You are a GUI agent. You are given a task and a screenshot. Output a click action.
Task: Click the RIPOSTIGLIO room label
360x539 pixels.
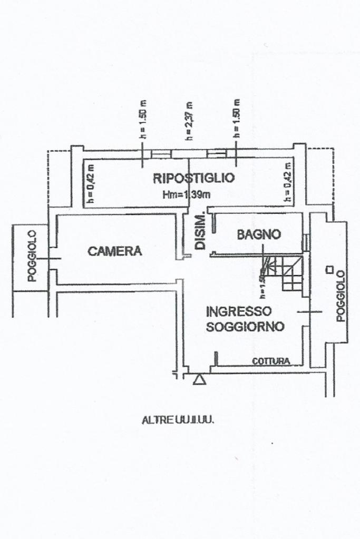(193, 178)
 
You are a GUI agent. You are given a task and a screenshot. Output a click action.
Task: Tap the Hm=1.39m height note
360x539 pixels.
(187, 194)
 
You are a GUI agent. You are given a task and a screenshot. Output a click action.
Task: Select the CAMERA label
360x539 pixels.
(115, 251)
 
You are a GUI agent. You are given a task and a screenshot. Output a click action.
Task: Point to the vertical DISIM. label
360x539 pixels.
(200, 232)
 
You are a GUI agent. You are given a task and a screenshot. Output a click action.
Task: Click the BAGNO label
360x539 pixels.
(258, 234)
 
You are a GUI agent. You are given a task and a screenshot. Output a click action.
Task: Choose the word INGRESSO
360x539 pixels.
(238, 311)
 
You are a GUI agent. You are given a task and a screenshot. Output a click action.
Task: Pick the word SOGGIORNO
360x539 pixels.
(245, 327)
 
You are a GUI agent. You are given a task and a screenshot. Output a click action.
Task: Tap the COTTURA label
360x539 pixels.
(271, 361)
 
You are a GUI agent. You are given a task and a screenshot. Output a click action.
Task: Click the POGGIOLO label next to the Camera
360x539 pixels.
(32, 256)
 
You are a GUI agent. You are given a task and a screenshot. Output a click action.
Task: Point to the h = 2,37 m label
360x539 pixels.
(189, 121)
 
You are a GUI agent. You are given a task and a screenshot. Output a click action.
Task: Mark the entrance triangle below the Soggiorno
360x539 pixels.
(199, 379)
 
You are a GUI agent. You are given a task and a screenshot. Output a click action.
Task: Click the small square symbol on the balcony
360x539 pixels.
(329, 270)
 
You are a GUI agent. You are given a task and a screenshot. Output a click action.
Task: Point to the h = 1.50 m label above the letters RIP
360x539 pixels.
(143, 119)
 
